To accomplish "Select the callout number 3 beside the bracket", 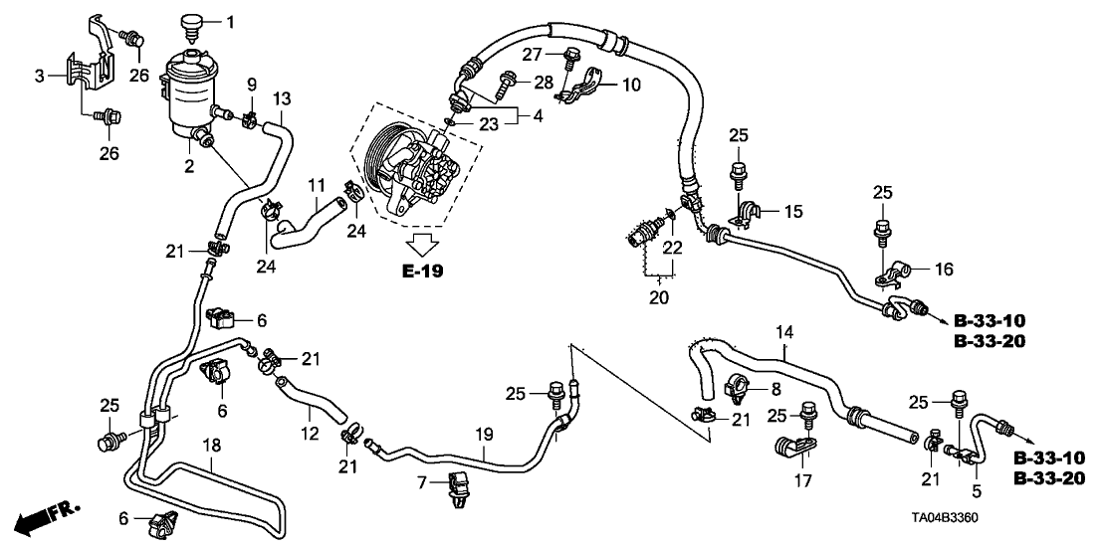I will coord(40,76).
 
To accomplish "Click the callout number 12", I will coord(310,434).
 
